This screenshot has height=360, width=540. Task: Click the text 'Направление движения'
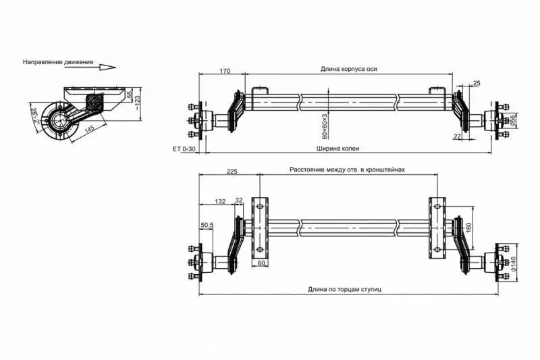(x=57, y=61)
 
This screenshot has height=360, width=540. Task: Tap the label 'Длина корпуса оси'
(x=349, y=69)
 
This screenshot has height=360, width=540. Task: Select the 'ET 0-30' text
(x=184, y=148)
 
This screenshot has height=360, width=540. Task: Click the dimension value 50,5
(x=207, y=225)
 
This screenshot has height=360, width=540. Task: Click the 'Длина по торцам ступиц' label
(x=345, y=289)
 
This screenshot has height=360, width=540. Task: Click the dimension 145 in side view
(x=89, y=126)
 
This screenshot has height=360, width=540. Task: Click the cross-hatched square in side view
(x=95, y=103)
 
